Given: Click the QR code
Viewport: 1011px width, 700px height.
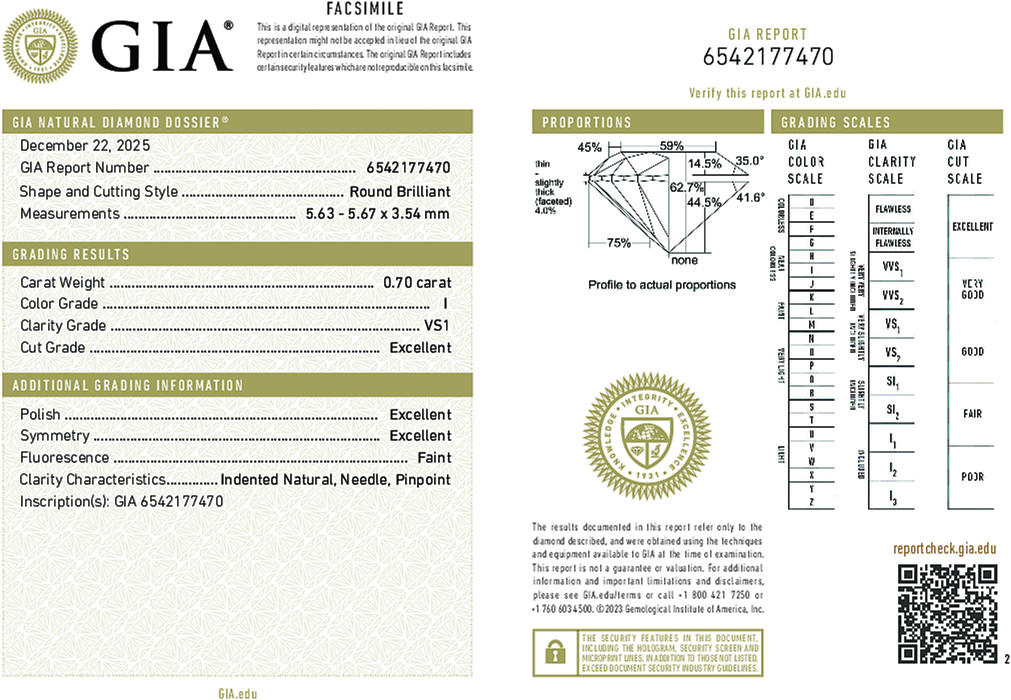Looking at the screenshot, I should (x=947, y=614).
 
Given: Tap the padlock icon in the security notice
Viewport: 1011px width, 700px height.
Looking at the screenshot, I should (x=555, y=652).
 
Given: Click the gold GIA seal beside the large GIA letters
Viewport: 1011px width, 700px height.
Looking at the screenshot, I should (x=40, y=46).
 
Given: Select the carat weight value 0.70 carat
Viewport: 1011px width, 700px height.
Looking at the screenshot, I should (x=417, y=283).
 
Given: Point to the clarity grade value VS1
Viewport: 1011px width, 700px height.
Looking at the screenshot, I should (x=436, y=326).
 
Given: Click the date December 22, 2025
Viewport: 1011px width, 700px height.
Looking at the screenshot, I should (x=85, y=145).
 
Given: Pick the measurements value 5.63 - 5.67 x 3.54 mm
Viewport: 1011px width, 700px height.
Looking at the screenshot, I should (x=377, y=214).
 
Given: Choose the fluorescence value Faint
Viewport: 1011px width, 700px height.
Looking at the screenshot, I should (x=434, y=458).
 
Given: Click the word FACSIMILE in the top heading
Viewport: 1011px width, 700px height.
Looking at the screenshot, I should (x=365, y=9).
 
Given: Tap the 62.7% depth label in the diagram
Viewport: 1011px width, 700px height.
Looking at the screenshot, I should (x=686, y=187).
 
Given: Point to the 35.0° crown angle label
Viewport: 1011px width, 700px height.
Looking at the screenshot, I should (x=749, y=161).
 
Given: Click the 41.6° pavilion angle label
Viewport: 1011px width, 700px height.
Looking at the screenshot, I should (x=751, y=198).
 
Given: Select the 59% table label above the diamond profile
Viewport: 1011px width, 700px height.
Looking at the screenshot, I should (x=671, y=146).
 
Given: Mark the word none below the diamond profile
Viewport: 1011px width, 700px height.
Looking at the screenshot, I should (x=684, y=260).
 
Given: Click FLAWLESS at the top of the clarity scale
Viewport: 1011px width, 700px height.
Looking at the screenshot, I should (x=893, y=209).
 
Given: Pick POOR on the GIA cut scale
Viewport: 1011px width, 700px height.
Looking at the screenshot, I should (x=972, y=477).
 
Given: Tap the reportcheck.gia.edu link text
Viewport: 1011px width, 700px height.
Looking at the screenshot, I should (x=944, y=548).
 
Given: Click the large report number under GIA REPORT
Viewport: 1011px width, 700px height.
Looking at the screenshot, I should (x=768, y=57).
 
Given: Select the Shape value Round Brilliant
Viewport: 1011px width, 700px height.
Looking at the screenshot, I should (x=399, y=191).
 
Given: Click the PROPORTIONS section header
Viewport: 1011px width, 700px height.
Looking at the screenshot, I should (x=587, y=122).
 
